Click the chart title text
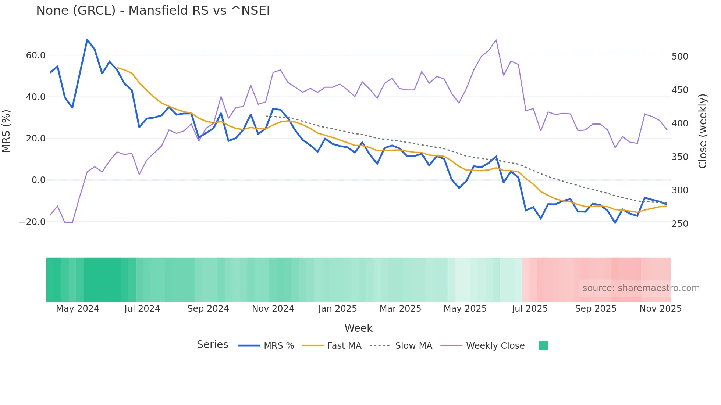153,11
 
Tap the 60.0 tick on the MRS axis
36,55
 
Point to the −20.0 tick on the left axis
32,222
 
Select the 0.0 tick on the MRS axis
38,180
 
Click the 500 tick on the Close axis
680,57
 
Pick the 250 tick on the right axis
680,224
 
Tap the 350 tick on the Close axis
680,157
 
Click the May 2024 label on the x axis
78,309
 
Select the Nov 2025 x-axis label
660,309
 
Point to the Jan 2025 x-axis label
337,309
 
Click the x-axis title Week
358,328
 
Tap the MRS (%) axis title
6,131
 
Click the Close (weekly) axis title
703,131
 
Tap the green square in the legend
543,345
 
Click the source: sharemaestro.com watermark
641,288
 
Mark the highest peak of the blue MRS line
87,40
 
